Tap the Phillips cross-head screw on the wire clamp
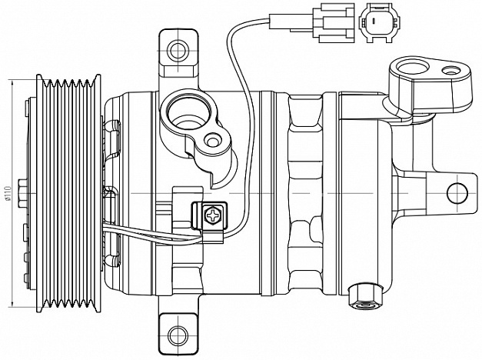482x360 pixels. click(x=213, y=215)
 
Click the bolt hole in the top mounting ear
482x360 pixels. click(x=178, y=50)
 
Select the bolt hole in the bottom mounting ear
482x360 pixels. click(x=178, y=334)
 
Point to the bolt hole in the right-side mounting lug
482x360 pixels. click(x=457, y=193)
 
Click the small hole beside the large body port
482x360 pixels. click(x=212, y=140)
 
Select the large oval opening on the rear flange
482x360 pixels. click(x=413, y=67)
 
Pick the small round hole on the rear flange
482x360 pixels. click(x=451, y=71)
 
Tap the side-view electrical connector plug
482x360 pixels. click(x=312, y=22)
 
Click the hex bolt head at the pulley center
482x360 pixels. click(x=22, y=193)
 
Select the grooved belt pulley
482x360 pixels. click(x=68, y=193)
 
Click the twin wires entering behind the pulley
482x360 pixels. click(x=151, y=235)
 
